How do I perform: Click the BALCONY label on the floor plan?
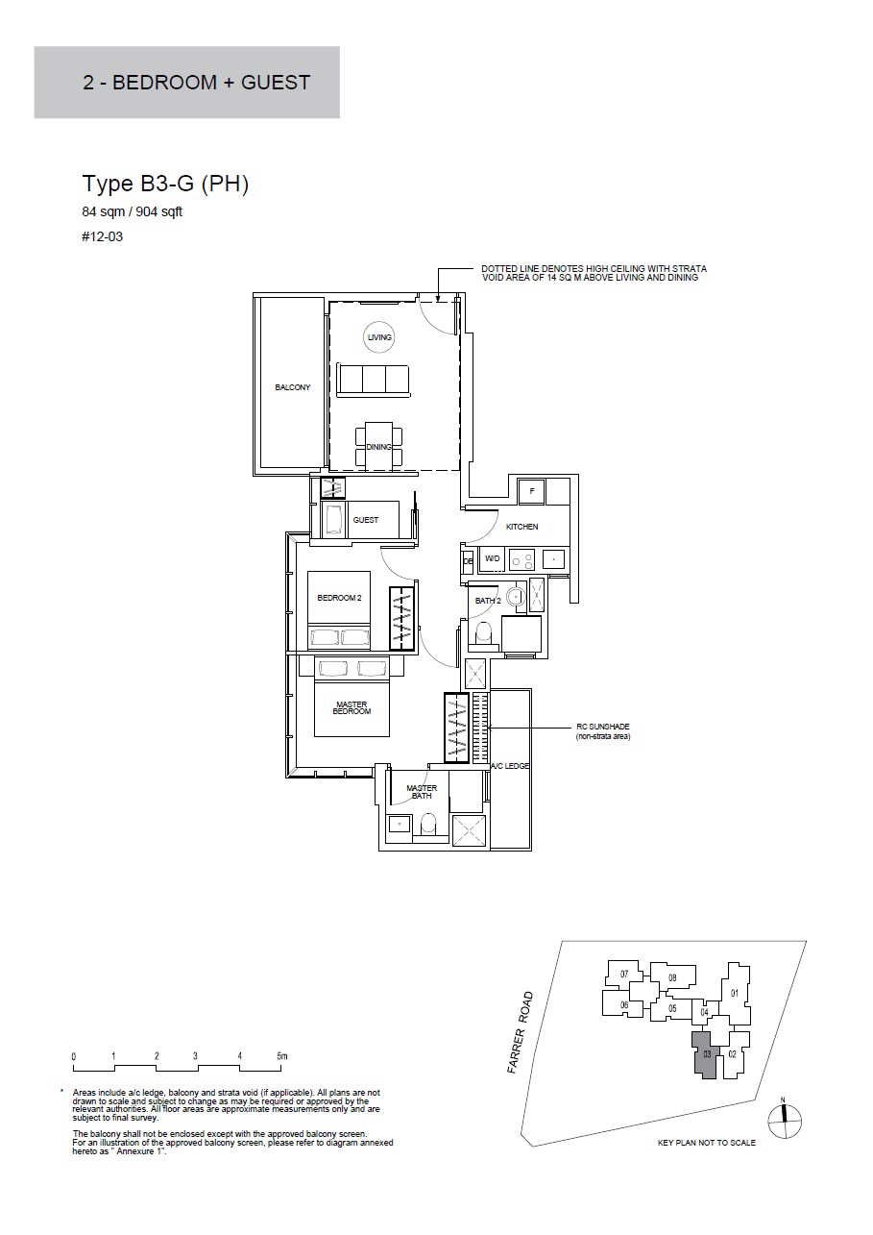(x=293, y=387)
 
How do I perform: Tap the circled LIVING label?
(x=379, y=337)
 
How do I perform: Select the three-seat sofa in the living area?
(x=374, y=380)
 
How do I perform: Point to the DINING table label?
(x=379, y=447)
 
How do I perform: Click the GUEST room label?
(x=366, y=519)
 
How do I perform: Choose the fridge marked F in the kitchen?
(x=532, y=490)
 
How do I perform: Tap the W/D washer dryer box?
(x=492, y=559)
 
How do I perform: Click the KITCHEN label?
(x=521, y=527)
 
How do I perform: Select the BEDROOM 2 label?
(x=339, y=598)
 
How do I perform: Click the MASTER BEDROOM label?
(x=352, y=708)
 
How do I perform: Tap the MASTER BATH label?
(x=422, y=792)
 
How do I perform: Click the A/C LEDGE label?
(x=510, y=766)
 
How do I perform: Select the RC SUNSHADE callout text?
(x=603, y=731)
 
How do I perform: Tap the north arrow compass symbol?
(x=785, y=1122)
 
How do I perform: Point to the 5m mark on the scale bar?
(x=282, y=1056)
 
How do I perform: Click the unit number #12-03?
(x=103, y=237)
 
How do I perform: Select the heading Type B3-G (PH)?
(x=165, y=184)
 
